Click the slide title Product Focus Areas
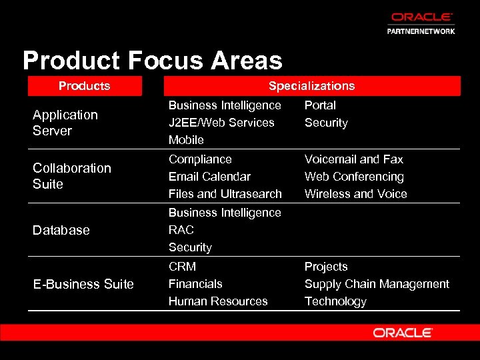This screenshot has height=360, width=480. coord(153,61)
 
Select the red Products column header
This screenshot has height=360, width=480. coord(85,86)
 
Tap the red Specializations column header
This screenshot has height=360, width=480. coord(311,86)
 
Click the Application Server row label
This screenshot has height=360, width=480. coord(65,123)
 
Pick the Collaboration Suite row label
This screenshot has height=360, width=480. coord(72,176)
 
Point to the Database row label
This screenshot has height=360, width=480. coord(61,230)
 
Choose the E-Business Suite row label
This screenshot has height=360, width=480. coord(83,284)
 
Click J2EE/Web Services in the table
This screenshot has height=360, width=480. coord(221,123)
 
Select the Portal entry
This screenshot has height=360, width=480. coord(320,105)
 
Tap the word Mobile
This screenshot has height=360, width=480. coord(186,140)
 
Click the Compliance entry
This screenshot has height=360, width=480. coord(200,159)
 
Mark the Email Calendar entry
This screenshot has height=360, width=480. coord(209,177)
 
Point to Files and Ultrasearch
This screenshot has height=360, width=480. coord(225,194)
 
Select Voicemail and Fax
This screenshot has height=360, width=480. coord(354,159)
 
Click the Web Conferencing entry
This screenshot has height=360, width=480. coord(354,177)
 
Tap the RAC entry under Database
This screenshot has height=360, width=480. coord(181,230)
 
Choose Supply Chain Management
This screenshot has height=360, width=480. coord(377,284)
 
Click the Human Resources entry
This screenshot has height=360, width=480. coord(218,301)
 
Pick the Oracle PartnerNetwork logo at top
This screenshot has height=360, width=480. coord(422,23)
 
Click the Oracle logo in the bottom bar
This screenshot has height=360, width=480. coord(403,333)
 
